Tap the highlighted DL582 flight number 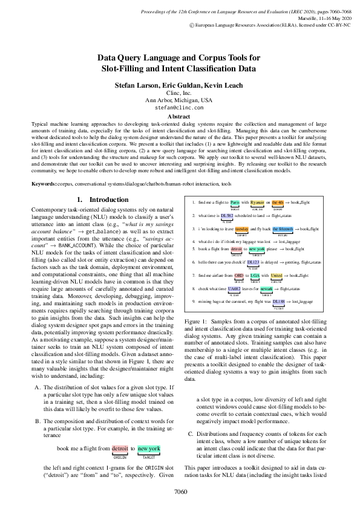click(227, 215)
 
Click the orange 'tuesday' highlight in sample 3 click(241, 229)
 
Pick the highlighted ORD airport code click(239, 276)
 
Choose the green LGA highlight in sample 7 click(255, 276)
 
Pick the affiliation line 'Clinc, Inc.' click(180, 94)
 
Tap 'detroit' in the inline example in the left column click(121, 449)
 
